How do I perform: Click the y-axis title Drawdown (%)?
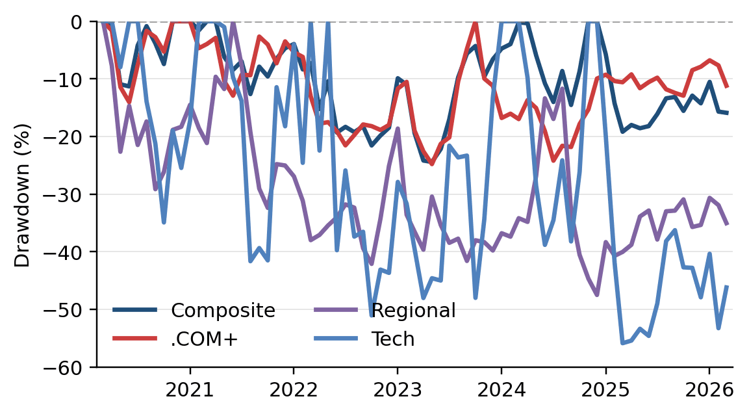coord(23,194)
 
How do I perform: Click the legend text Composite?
coord(223,311)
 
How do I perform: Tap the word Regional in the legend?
coord(413,311)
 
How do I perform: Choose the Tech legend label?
coord(392,339)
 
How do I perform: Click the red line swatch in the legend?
coord(135,339)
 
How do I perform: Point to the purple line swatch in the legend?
coord(336,310)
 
